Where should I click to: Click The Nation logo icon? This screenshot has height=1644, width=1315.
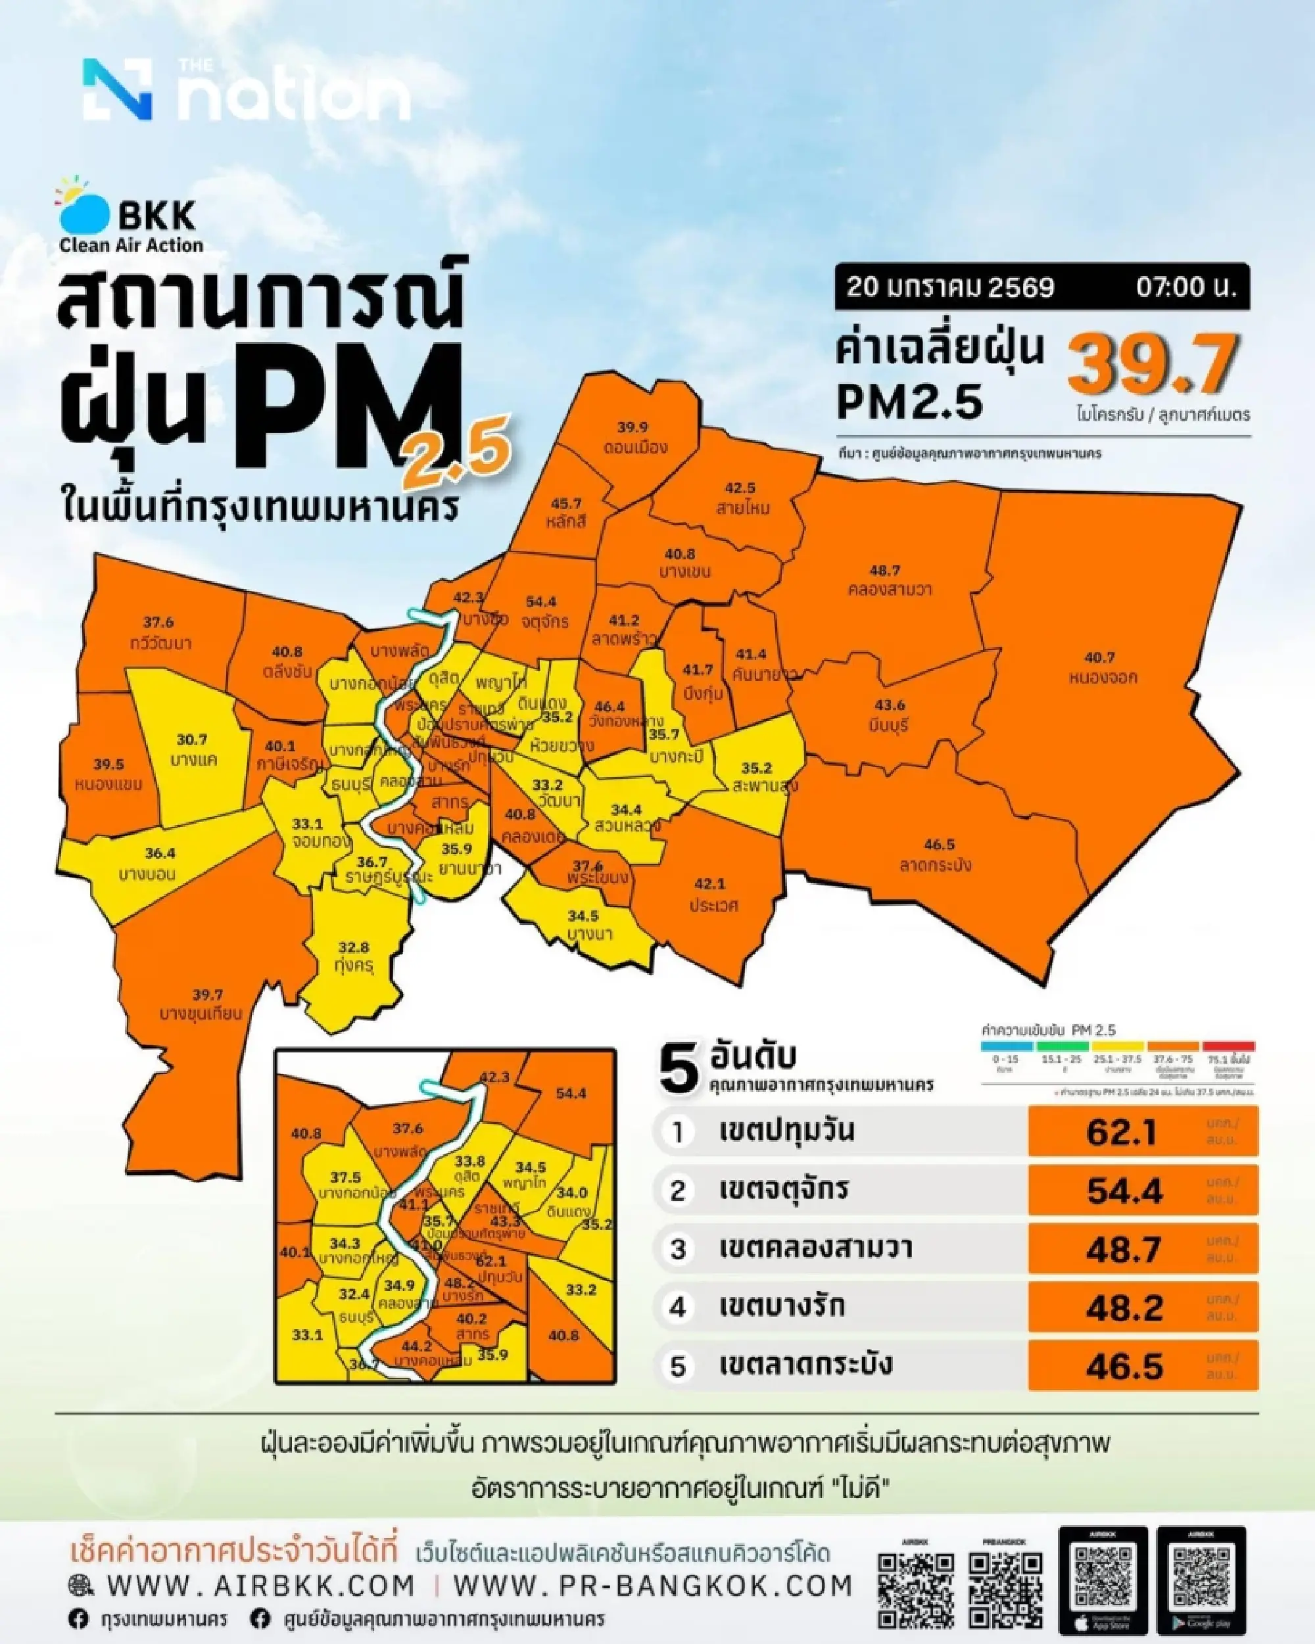point(116,89)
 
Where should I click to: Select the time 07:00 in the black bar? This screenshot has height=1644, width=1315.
point(1185,287)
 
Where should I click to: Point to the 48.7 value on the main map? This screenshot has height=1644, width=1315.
point(886,570)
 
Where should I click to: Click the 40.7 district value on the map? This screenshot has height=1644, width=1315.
point(1099,657)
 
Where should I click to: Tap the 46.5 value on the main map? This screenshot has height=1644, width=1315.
point(939,844)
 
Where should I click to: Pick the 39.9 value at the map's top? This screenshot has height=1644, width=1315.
point(633,427)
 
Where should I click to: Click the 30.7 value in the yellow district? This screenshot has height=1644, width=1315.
point(191,739)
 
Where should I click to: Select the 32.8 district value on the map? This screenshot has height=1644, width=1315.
point(354,947)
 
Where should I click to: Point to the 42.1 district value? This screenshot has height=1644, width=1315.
point(709,883)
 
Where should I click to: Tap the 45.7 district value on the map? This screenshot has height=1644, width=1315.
point(566,504)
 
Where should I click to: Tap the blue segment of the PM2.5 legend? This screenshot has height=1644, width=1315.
point(1006,1046)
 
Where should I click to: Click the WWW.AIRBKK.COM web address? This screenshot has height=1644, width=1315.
point(260,1585)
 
